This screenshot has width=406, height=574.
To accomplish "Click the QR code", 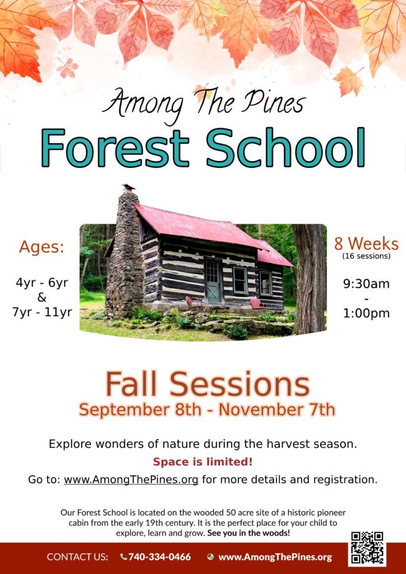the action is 367,548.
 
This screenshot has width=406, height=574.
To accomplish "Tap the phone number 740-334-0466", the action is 160,557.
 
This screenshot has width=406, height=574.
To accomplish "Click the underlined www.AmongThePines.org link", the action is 131,480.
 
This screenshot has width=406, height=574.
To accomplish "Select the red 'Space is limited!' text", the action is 203,462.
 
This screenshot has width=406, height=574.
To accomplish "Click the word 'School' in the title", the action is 285,147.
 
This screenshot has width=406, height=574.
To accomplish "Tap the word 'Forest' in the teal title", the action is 115,147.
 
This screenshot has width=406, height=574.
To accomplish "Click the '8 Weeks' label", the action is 366,244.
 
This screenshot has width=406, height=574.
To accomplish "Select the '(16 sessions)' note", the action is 366,256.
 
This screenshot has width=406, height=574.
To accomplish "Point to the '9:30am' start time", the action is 366,284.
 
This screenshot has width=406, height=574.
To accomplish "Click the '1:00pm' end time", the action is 366,313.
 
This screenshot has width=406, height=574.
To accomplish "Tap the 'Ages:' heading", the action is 41,247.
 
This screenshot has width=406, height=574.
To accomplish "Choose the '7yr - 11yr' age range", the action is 42,313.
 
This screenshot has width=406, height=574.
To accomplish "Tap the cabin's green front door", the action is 213,280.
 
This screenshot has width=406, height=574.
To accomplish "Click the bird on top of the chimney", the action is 129,187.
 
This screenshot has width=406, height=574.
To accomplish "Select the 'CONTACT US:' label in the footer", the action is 77,557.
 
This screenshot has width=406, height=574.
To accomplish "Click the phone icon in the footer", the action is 124,557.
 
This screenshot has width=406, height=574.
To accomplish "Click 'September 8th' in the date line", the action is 140,410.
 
